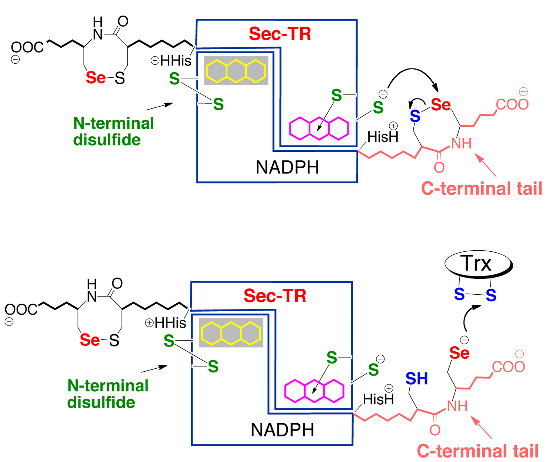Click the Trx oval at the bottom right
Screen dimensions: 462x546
click(477, 264)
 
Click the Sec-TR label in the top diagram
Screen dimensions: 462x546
click(280, 34)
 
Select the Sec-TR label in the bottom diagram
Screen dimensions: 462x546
click(275, 296)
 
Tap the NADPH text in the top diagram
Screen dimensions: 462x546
click(287, 167)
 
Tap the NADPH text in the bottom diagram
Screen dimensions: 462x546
click(282, 430)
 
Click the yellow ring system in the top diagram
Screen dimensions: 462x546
click(236, 71)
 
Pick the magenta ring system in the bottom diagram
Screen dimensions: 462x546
click(314, 391)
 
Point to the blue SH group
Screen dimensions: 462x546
click(416, 378)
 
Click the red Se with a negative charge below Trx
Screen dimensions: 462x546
click(459, 353)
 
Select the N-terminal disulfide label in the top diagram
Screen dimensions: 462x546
click(113, 131)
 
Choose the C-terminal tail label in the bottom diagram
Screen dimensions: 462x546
click(477, 451)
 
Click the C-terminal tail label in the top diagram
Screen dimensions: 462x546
click(482, 188)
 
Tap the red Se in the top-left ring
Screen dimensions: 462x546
click(96, 78)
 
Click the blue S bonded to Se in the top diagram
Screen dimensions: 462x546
click(415, 116)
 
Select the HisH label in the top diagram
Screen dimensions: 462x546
click(383, 137)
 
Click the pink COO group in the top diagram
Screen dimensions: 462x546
click(512, 104)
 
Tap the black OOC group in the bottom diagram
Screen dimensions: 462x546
click(21, 309)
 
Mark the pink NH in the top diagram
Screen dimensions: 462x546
click(461, 143)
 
